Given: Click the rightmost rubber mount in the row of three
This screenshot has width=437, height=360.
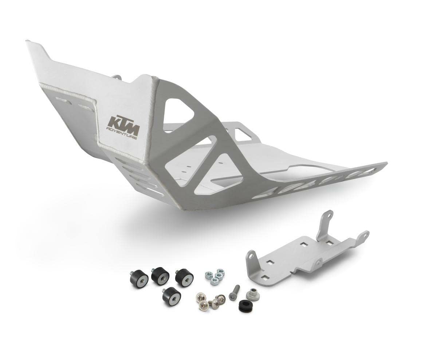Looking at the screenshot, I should pos(184,278).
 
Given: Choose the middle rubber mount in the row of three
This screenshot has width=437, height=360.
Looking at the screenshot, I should pos(160,275).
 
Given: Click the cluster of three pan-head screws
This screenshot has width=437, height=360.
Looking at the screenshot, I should pos(210,301).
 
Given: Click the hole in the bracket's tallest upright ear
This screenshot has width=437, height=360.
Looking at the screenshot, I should pos(328,216).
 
